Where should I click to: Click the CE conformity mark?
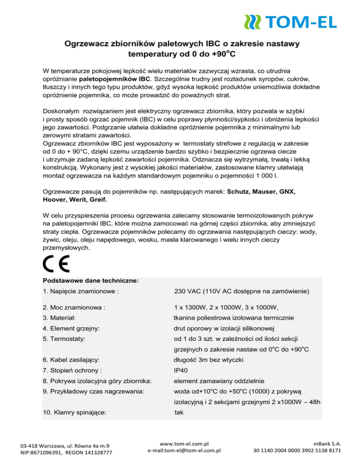tap(56, 265)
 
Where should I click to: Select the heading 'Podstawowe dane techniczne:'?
tap(90, 281)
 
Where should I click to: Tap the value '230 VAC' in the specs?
tap(188, 292)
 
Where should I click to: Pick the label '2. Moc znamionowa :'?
tap(74, 308)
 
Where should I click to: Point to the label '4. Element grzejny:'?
tap(70, 328)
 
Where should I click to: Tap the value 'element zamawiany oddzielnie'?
tap(219, 381)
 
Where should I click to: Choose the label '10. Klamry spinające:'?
tap(74, 413)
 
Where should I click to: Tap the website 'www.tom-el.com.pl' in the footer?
tap(184, 442)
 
